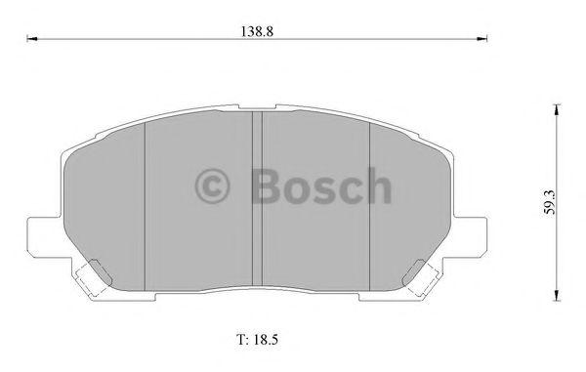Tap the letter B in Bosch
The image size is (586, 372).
click(266, 185)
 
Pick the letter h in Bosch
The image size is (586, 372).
click(377, 185)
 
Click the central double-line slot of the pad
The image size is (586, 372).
click(258, 205)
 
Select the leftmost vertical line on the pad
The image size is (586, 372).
click(145, 205)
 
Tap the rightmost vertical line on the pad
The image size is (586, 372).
click(370, 205)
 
